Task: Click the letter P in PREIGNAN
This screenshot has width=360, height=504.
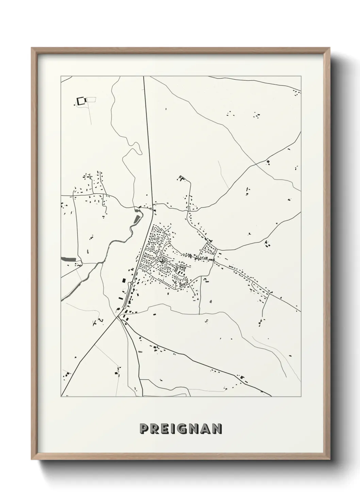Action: pyautogui.click(x=143, y=429)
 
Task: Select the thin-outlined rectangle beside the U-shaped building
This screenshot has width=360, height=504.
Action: pyautogui.click(x=92, y=99)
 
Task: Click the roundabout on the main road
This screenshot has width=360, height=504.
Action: pyautogui.click(x=131, y=283)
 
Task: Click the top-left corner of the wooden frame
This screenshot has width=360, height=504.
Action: pyautogui.click(x=32, y=48)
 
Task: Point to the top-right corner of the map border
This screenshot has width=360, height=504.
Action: pyautogui.click(x=301, y=76)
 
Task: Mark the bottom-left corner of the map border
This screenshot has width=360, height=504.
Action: pyautogui.click(x=61, y=396)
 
